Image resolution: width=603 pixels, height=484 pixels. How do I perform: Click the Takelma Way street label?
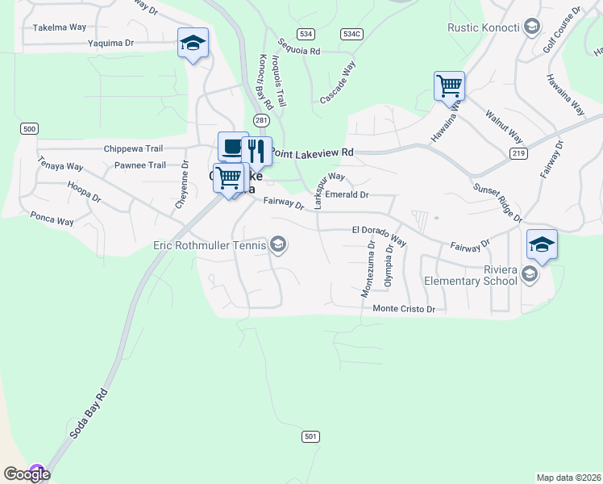click(60, 27)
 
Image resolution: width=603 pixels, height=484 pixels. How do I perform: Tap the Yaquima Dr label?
click(111, 42)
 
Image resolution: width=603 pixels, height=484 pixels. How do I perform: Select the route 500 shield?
click(30, 129)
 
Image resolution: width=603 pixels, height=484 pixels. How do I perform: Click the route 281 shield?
click(260, 119)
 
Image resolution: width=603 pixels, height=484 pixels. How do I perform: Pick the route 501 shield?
click(311, 436)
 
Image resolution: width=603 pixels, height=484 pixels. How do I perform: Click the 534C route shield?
click(351, 34)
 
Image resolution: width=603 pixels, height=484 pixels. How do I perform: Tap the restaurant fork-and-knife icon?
click(256, 149)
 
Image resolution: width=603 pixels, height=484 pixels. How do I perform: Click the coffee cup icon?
click(233, 146)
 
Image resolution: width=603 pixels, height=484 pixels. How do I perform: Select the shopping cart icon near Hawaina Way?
click(449, 85)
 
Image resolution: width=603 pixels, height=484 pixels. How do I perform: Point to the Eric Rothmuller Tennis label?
click(210, 244)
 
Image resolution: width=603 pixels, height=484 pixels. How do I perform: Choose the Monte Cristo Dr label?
click(404, 308)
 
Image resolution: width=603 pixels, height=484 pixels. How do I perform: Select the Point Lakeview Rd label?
click(313, 152)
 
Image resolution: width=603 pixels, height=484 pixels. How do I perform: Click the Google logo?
click(27, 474)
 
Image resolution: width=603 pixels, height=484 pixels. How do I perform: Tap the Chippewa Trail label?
click(134, 148)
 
